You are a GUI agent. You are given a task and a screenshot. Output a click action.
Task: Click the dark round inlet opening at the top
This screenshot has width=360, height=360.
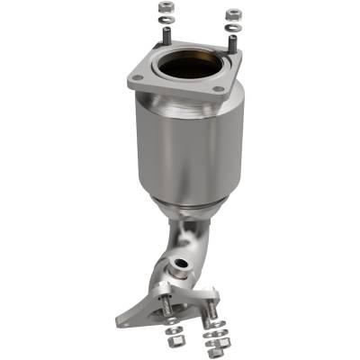[x=189, y=68]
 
